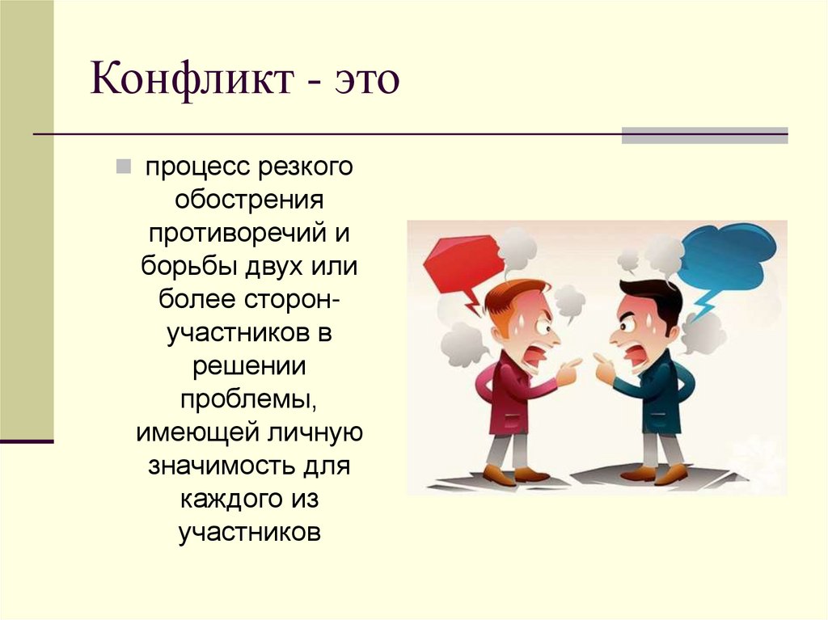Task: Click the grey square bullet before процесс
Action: click(123, 167)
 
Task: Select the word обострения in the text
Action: click(249, 200)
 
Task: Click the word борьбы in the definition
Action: click(189, 267)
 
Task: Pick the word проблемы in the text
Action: click(249, 400)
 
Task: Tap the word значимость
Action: click(221, 467)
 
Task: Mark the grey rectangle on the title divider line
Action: click(704, 136)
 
